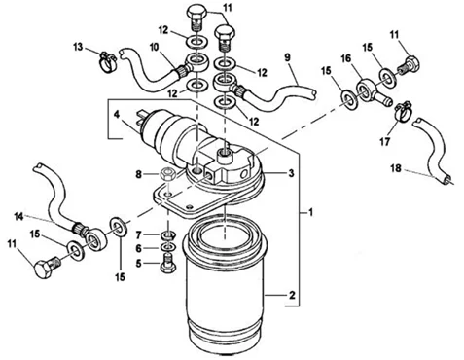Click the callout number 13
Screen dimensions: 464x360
[x=78, y=48]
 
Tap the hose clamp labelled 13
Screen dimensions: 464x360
[x=107, y=61]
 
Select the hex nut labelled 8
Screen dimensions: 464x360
[x=168, y=173]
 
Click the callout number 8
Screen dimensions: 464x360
[x=139, y=175]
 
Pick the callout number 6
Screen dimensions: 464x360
[x=139, y=249]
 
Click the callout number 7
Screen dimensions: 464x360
[x=139, y=234]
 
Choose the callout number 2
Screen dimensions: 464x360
[x=292, y=296]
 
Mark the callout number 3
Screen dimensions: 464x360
[x=291, y=173]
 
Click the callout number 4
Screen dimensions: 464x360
[x=117, y=114]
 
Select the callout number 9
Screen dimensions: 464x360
[x=287, y=57]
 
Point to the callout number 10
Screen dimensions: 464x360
[x=155, y=48]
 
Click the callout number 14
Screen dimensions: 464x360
[x=19, y=216]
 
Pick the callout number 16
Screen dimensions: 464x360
[x=346, y=58]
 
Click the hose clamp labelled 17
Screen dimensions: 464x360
[x=403, y=111]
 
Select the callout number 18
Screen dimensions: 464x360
[x=396, y=168]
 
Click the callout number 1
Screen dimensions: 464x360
[x=310, y=213]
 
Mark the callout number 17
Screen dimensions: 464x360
[x=385, y=142]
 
